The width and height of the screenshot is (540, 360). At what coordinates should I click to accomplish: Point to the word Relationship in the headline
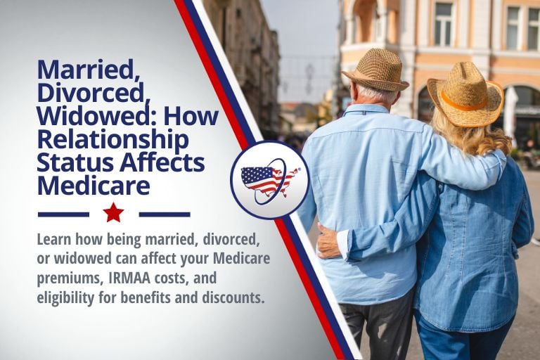[113, 140]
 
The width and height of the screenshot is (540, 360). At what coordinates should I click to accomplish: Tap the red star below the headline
[113, 212]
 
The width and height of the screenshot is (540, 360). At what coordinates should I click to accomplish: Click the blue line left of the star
[63, 214]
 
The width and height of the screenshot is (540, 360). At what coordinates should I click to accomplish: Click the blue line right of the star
[165, 214]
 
